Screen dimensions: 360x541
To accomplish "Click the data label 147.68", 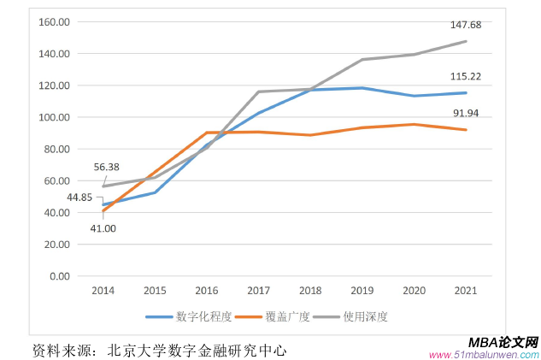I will click(466, 25).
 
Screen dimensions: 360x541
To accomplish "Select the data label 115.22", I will click(466, 76).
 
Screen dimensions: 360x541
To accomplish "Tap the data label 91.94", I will click(466, 113).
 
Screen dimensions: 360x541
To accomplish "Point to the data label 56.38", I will click(107, 167).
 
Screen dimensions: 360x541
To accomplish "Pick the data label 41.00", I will click(103, 228).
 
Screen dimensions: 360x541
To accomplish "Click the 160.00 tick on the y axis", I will click(54, 22).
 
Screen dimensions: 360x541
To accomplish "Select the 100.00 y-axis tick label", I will click(54, 117).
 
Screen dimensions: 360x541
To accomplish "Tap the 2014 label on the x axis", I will click(103, 291).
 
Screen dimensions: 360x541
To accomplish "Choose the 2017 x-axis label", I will click(258, 291).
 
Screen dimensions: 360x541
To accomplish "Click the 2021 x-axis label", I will click(465, 291).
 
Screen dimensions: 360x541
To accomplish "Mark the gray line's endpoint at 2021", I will click(466, 41).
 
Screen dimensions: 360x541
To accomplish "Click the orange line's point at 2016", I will click(207, 133).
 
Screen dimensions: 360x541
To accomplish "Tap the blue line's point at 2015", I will click(155, 192).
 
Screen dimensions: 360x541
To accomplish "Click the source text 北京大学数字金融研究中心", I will click(197, 350).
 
